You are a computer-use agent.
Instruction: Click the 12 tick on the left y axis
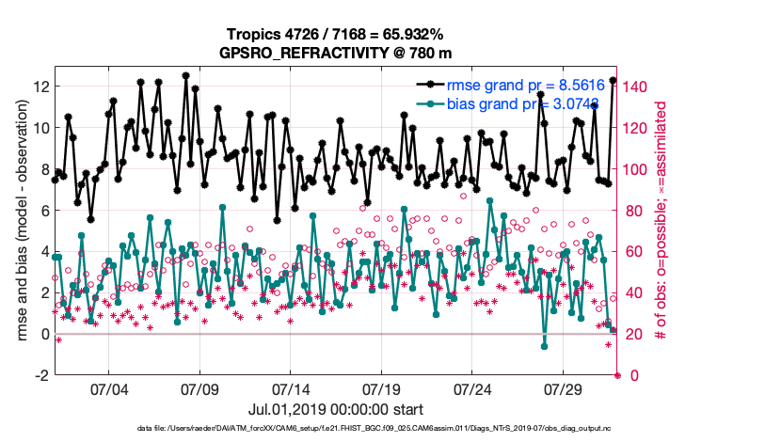[41, 87]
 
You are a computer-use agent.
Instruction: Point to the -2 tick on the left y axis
[41, 375]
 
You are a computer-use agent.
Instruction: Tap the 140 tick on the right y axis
[636, 87]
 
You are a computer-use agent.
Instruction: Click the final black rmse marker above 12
[613, 81]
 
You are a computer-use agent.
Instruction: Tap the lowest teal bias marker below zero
[544, 346]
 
